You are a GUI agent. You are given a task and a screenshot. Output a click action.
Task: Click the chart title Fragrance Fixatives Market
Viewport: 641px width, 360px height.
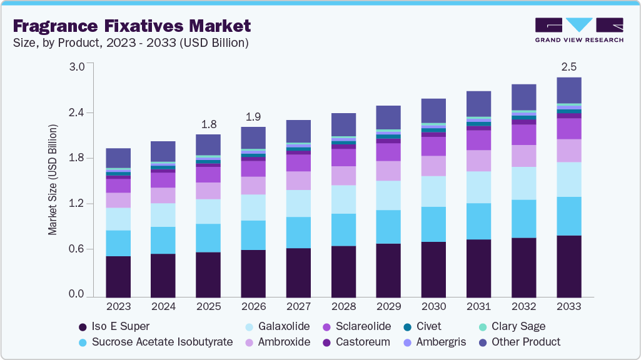coord(131,26)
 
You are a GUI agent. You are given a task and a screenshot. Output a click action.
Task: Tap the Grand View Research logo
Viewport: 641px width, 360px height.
coord(579,30)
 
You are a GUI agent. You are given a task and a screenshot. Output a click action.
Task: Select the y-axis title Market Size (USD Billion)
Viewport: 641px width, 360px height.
coord(53,180)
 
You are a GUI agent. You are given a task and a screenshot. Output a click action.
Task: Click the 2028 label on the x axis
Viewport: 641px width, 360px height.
coord(343,307)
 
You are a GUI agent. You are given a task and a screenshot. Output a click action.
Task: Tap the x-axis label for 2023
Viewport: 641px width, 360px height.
coord(118,307)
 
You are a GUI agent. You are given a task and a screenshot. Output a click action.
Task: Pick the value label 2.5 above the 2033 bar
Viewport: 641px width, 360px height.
coord(569,66)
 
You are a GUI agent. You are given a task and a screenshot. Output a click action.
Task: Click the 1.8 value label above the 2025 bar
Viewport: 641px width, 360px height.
coord(208,124)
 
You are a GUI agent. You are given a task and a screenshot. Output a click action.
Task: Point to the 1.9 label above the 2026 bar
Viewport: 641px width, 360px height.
coord(253,116)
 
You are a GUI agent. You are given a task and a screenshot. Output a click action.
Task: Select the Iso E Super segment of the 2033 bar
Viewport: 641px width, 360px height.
coord(569,266)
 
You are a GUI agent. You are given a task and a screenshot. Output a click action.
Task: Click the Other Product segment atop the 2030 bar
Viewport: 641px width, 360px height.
coord(433,111)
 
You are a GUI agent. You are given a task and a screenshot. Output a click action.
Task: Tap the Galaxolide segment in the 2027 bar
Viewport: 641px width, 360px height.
coord(298,203)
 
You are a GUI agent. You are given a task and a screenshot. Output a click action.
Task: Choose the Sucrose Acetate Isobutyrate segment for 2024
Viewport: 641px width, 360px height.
coord(163,240)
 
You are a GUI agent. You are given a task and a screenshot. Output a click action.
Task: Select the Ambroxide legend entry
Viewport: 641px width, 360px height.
coord(279,342)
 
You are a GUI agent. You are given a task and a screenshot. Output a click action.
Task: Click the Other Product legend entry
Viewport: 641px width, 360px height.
coord(518,342)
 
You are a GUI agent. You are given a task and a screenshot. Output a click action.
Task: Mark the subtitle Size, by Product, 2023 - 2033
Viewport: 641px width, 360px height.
coord(131,43)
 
